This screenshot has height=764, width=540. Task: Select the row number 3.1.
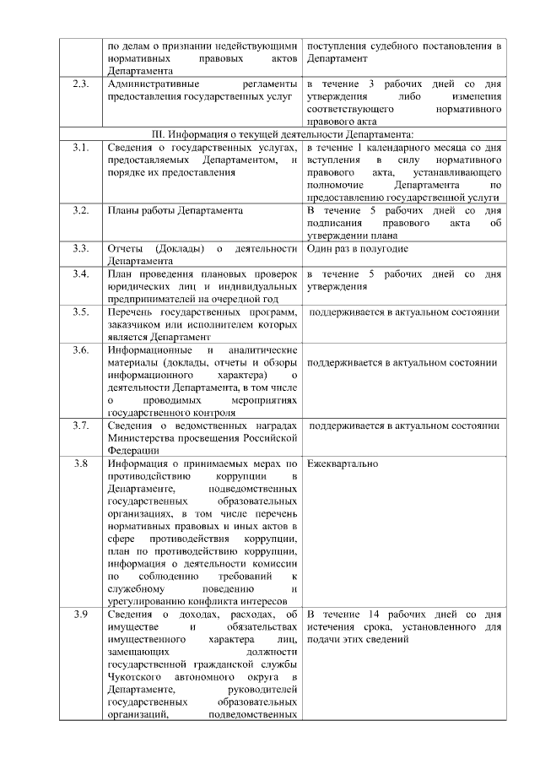coord(81,148)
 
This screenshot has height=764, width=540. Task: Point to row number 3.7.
coord(81,425)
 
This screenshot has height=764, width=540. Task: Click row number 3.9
coord(81,614)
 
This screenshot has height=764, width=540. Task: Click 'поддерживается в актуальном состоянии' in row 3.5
coord(403,312)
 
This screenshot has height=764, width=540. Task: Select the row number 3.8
coord(81,463)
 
